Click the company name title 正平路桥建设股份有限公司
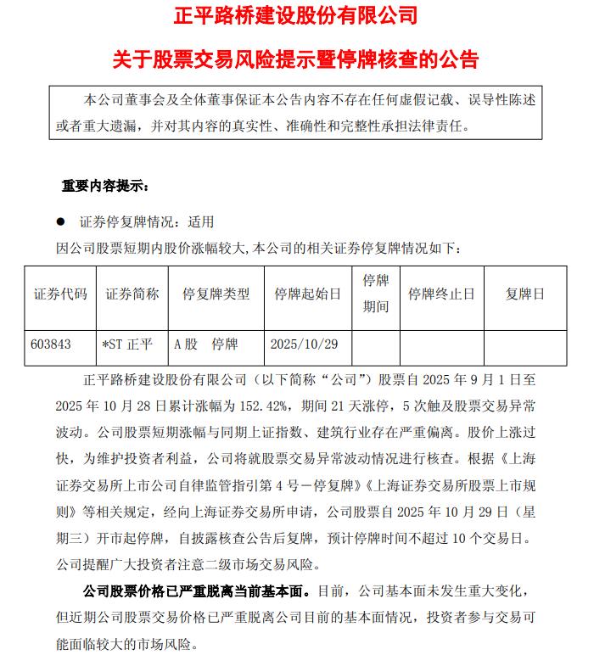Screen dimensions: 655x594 pyautogui.click(x=296, y=15)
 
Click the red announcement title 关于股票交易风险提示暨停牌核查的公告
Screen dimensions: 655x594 pyautogui.click(x=296, y=59)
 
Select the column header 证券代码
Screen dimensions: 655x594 pyautogui.click(x=60, y=294)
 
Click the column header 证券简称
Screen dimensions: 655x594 pyautogui.click(x=132, y=294)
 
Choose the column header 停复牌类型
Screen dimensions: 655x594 pyautogui.click(x=216, y=294)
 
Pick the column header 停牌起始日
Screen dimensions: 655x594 pyautogui.click(x=307, y=294)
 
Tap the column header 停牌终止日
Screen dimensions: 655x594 pyautogui.click(x=441, y=294)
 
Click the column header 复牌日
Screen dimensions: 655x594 pyautogui.click(x=525, y=294)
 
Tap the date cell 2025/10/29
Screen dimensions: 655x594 pyautogui.click(x=304, y=344)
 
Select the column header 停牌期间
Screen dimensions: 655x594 pyautogui.click(x=375, y=294)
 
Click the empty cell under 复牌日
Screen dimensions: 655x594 pyautogui.click(x=525, y=344)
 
